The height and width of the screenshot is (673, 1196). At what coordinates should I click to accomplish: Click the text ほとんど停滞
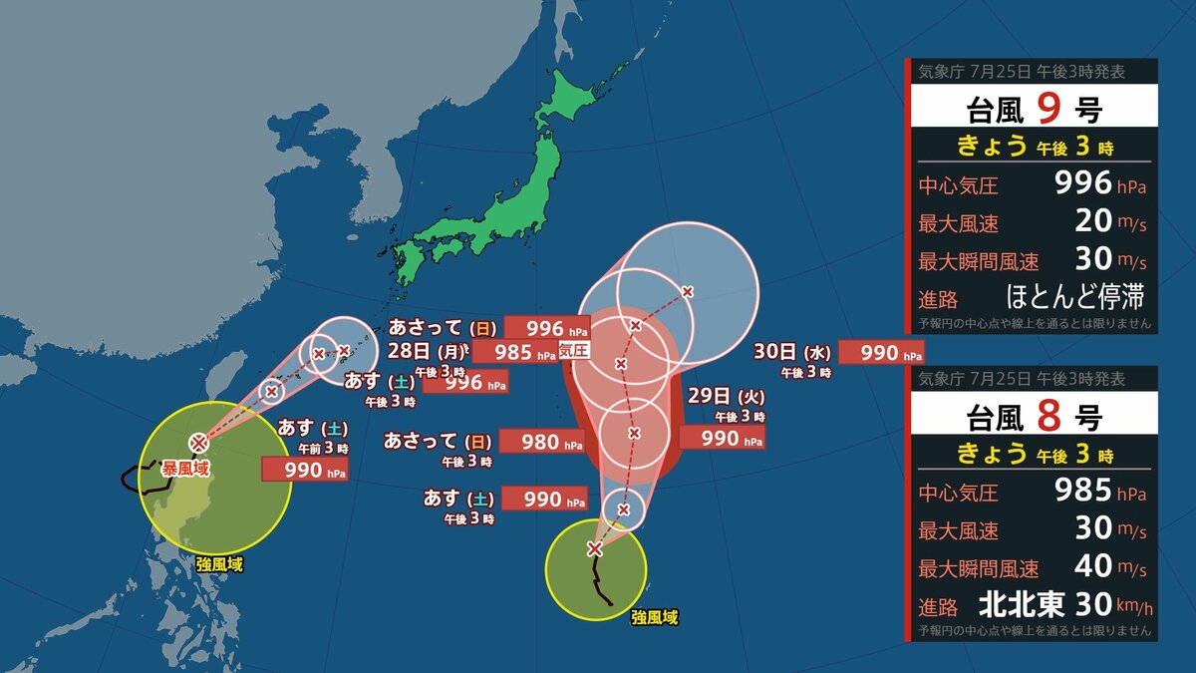click(1074, 297)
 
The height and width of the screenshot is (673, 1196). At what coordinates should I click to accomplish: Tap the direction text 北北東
click(1022, 604)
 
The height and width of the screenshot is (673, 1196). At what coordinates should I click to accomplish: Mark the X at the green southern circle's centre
click(595, 549)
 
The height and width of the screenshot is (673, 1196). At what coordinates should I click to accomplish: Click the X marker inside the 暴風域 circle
click(199, 441)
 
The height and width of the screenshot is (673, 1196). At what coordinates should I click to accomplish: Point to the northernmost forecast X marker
click(688, 291)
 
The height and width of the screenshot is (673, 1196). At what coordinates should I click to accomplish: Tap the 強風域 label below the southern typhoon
click(655, 618)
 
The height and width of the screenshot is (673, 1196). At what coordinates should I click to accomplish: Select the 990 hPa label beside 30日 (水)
click(881, 352)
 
